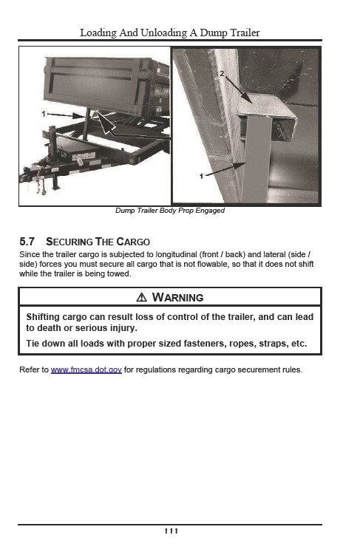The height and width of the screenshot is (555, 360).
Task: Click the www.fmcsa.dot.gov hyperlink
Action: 86,370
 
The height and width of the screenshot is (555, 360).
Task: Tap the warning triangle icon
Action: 142,297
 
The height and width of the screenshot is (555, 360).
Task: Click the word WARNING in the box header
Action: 177,297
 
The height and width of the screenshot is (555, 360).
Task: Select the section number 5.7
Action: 27,242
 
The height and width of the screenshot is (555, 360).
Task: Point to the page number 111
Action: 171,531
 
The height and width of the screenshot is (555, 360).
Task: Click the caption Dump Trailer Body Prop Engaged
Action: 170,211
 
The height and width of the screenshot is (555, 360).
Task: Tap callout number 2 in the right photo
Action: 222,74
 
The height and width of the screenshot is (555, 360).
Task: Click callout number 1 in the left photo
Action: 44,114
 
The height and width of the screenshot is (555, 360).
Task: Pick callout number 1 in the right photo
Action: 201,176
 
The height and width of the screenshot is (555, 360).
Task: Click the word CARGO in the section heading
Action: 133,242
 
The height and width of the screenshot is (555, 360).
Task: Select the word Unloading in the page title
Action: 163,33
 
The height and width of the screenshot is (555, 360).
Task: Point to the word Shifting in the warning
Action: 43,317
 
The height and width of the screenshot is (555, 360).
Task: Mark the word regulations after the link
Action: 156,370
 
